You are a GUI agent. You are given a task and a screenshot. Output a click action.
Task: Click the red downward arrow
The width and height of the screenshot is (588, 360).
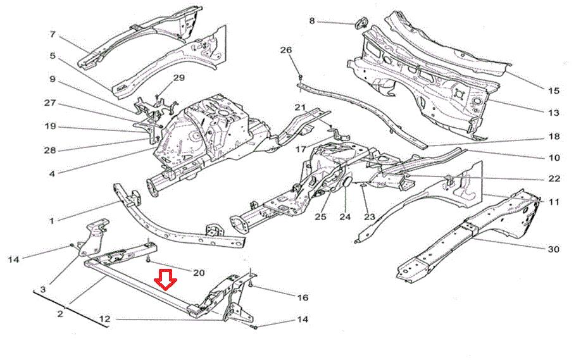click(165, 280)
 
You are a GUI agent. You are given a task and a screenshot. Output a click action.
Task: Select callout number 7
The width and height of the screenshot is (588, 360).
click(53, 35)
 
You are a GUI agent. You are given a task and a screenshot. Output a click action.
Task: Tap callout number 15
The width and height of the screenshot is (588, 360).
click(553, 90)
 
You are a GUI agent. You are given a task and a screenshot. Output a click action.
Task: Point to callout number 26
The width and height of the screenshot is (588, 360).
click(285, 50)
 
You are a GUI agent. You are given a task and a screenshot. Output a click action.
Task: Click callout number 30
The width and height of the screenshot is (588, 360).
click(553, 249)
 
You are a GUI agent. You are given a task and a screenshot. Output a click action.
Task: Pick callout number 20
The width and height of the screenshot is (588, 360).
click(199, 273)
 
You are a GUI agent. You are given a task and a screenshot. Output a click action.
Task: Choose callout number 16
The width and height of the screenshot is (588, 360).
click(303, 298)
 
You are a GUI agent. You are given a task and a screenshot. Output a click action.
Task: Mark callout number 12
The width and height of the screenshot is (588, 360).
click(105, 319)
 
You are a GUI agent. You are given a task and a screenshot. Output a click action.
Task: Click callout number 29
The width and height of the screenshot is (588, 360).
click(179, 78)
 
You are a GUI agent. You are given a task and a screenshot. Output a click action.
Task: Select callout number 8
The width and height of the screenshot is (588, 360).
click(312, 21)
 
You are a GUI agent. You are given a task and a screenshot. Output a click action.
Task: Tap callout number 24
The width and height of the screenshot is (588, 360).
click(345, 217)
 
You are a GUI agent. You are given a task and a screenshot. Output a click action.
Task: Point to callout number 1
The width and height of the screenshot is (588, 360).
click(52, 221)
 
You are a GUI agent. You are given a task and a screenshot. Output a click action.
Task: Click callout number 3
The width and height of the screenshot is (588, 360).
click(43, 290)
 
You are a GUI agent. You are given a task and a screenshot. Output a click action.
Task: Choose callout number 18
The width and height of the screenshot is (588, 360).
click(553, 137)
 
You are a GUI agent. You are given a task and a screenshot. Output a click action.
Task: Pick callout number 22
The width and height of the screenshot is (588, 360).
click(554, 179)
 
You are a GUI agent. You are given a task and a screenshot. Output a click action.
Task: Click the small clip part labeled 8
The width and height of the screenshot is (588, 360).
click(360, 23)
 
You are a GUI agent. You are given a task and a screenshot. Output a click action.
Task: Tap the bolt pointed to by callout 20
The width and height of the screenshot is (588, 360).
click(148, 259)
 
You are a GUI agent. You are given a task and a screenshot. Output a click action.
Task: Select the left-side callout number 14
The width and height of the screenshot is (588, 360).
click(13, 259)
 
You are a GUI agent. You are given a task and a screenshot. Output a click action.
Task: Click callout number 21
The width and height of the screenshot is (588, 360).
click(300, 108)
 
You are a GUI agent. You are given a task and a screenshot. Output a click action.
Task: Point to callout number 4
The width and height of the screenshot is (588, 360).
click(52, 173)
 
